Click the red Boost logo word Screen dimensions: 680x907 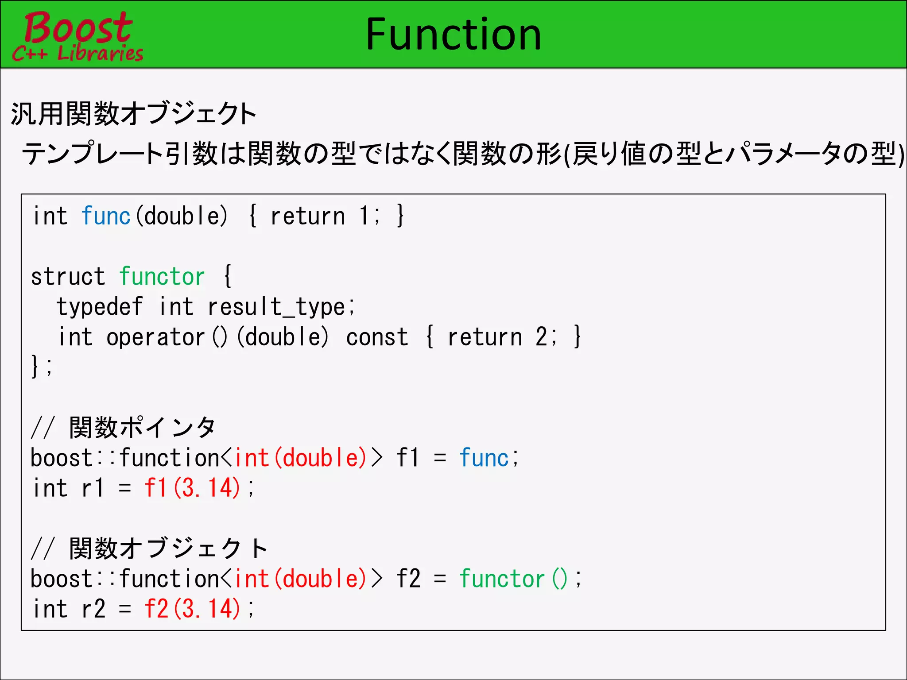click(78, 27)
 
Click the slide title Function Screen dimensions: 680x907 click(453, 35)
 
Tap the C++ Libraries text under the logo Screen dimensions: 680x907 click(78, 54)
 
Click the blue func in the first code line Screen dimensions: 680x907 click(106, 216)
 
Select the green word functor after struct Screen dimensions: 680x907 click(162, 277)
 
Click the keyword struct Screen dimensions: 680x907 click(68, 277)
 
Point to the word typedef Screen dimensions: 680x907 click(100, 307)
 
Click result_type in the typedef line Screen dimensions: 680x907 click(276, 307)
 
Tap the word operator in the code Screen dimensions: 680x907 click(155, 337)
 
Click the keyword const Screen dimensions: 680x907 click(377, 337)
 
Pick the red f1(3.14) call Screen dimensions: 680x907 click(192, 488)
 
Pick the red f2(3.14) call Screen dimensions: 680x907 click(192, 609)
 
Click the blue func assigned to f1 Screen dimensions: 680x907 click(484, 458)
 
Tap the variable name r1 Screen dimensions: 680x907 click(93, 488)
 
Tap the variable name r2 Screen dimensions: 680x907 click(93, 609)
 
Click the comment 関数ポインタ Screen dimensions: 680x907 click(142, 428)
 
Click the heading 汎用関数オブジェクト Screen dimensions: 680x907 click(133, 114)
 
